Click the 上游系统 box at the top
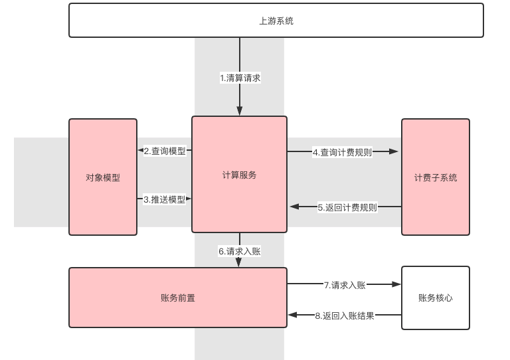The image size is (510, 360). click(x=276, y=21)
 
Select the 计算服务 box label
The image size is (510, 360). click(x=239, y=175)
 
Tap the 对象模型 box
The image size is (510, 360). click(x=103, y=177)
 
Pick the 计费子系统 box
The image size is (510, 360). click(x=435, y=177)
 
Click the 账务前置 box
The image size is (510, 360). click(x=178, y=298)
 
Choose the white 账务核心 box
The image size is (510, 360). click(x=435, y=298)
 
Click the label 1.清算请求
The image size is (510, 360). click(x=240, y=78)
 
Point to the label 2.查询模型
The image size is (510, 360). click(x=165, y=151)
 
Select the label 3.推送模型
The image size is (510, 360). click(x=165, y=199)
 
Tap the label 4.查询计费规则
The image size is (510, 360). click(x=342, y=151)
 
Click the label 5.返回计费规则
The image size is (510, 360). click(x=347, y=207)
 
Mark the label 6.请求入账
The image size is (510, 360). click(x=239, y=251)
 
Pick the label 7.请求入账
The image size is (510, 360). click(x=345, y=285)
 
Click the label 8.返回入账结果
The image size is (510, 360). click(x=345, y=315)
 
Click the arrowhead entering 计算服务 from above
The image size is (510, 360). click(x=240, y=112)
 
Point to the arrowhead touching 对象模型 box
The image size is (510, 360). click(x=141, y=151)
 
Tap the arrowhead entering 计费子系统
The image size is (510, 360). click(x=394, y=151)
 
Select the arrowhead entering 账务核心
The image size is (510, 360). click(x=397, y=284)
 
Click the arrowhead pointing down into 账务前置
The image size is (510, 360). click(x=239, y=262)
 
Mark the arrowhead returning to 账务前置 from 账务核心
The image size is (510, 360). click(x=293, y=315)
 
